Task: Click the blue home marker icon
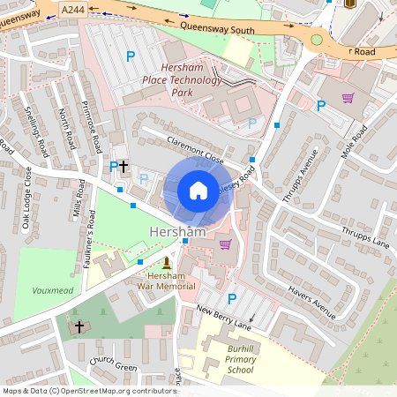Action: click(198, 191)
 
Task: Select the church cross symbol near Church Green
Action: click(79, 326)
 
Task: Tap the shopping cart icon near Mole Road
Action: click(348, 97)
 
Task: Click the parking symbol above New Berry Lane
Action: click(232, 298)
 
